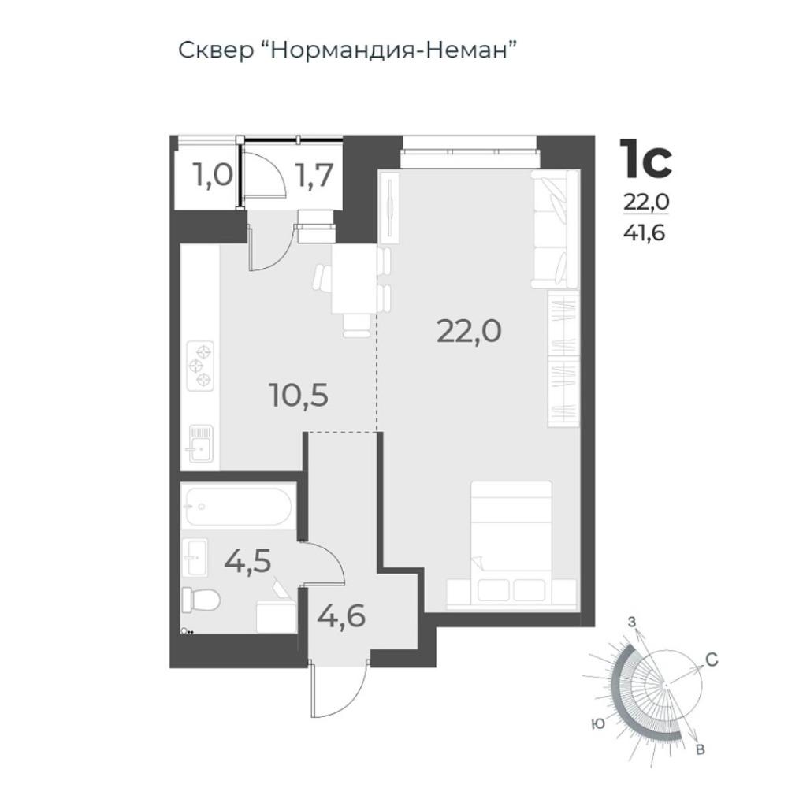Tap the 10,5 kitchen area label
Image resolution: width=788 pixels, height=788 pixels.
coord(299,395)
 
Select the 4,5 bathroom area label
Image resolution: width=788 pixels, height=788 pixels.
coord(247,561)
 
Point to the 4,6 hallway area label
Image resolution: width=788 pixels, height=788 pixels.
coord(341,615)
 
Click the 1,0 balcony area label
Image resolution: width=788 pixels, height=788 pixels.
coord(213,177)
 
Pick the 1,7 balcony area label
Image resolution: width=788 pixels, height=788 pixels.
coord(314,176)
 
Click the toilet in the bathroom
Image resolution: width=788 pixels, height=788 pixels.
coord(200,600)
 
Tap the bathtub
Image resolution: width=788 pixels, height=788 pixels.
coord(237,506)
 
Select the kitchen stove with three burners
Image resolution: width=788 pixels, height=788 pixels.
coord(200,366)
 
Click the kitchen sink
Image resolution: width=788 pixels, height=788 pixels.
coord(200,444)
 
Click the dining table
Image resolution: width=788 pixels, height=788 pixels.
coord(355,279)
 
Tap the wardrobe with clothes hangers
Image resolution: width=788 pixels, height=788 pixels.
coord(563,359)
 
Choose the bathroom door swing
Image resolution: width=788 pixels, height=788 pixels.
coord(324,563)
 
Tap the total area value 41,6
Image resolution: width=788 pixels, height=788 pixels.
coord(644,232)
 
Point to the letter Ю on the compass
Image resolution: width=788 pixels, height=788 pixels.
coord(598,724)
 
